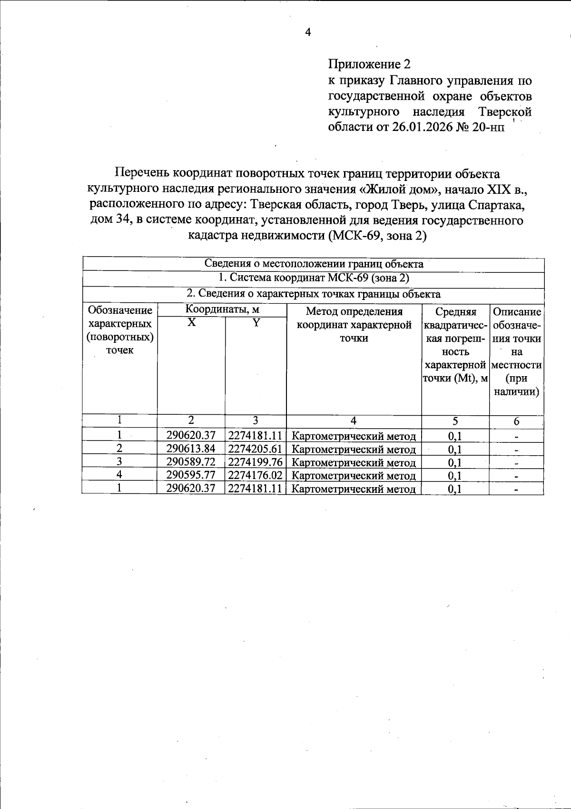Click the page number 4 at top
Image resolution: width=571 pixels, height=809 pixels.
pyautogui.click(x=308, y=32)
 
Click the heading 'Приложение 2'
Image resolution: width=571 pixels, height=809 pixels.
pyautogui.click(x=369, y=64)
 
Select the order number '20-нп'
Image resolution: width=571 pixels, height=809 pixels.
pyautogui.click(x=488, y=127)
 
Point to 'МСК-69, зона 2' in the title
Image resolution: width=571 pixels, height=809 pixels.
pyautogui.click(x=377, y=236)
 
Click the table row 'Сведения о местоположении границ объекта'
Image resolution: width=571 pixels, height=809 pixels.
pyautogui.click(x=314, y=264)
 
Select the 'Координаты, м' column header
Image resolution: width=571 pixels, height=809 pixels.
pyautogui.click(x=222, y=310)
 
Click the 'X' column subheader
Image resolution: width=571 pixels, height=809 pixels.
pyautogui.click(x=191, y=323)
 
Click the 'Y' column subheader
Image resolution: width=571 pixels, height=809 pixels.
pyautogui.click(x=256, y=323)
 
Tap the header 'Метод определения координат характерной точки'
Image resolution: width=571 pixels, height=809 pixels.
pyautogui.click(x=354, y=325)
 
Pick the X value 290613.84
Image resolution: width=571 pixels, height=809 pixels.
pyautogui.click(x=191, y=449)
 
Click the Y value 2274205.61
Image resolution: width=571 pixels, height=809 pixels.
pyautogui.click(x=256, y=449)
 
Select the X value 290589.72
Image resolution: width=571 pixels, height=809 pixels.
pyautogui.click(x=191, y=462)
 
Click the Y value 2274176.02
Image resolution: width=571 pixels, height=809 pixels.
pyautogui.click(x=256, y=475)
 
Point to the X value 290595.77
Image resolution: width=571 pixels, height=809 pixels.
pyautogui.click(x=191, y=475)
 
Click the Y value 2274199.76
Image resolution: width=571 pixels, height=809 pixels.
pyautogui.click(x=256, y=462)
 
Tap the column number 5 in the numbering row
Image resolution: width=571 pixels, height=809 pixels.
pyautogui.click(x=455, y=421)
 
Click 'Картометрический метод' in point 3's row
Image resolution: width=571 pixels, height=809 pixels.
pyautogui.click(x=354, y=462)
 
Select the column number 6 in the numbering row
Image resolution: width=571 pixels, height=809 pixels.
pyautogui.click(x=516, y=421)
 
